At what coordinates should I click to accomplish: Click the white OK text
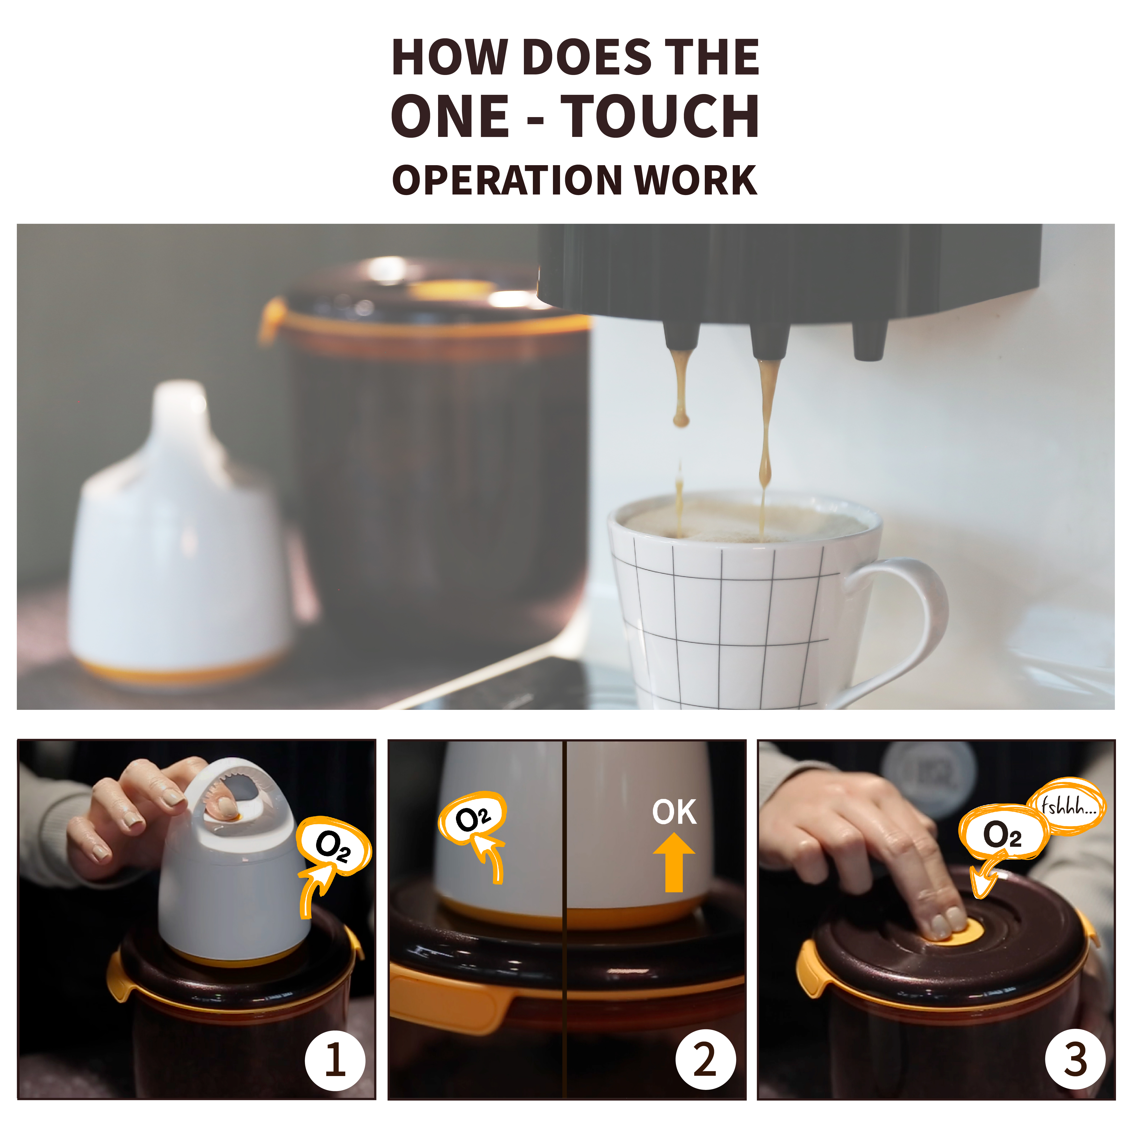tap(674, 812)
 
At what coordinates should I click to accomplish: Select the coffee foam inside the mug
tap(744, 520)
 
